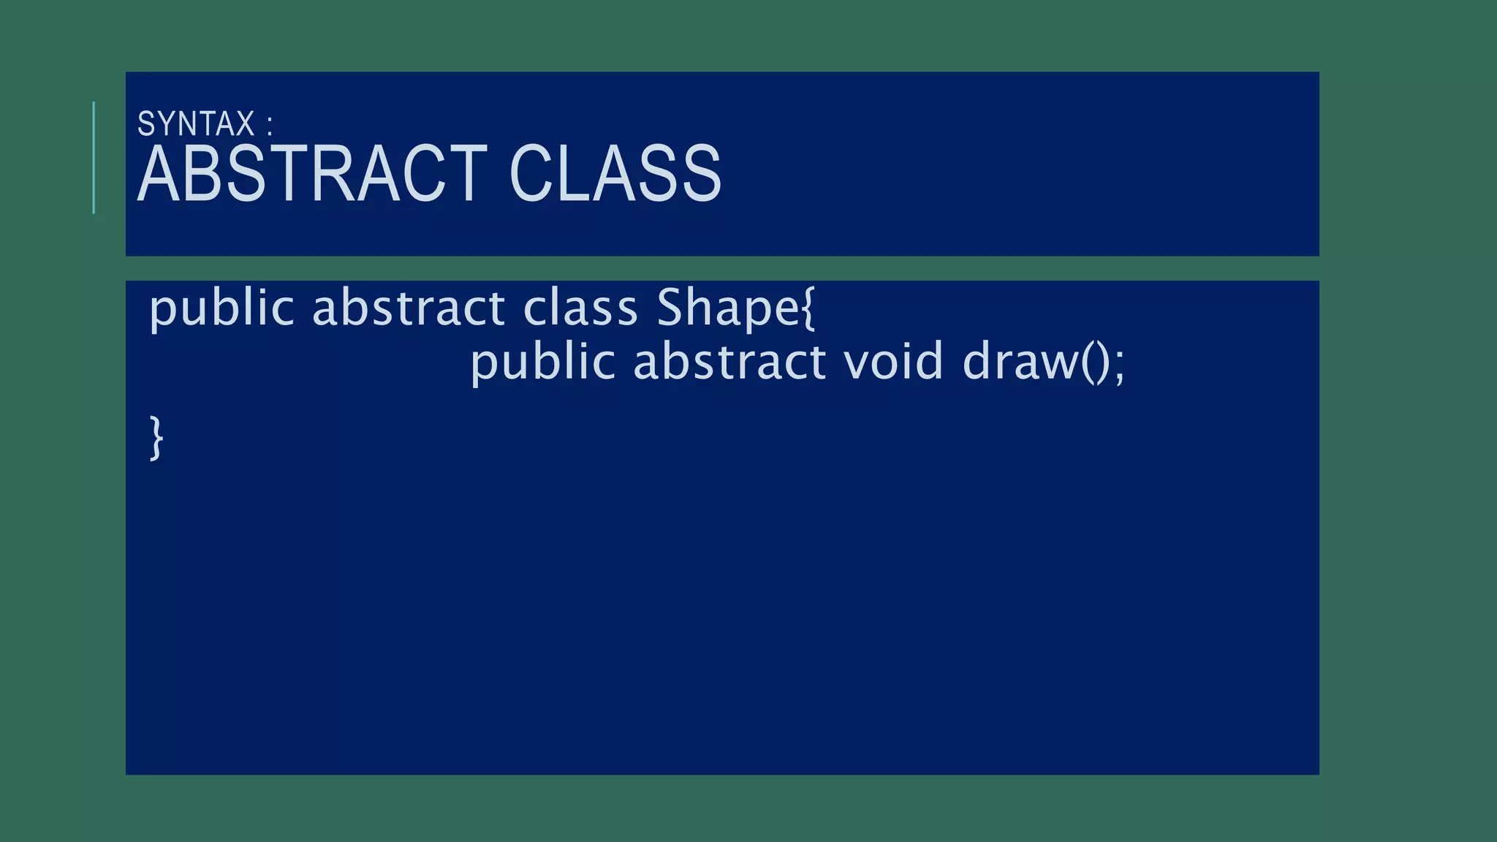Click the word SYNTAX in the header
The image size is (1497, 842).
[x=196, y=124]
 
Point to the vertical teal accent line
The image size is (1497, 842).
[x=94, y=157]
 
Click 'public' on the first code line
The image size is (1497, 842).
[x=221, y=308]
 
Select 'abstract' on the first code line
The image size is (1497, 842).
[x=409, y=308]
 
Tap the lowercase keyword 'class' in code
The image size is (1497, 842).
[x=580, y=308]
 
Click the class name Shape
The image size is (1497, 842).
[x=728, y=308]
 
